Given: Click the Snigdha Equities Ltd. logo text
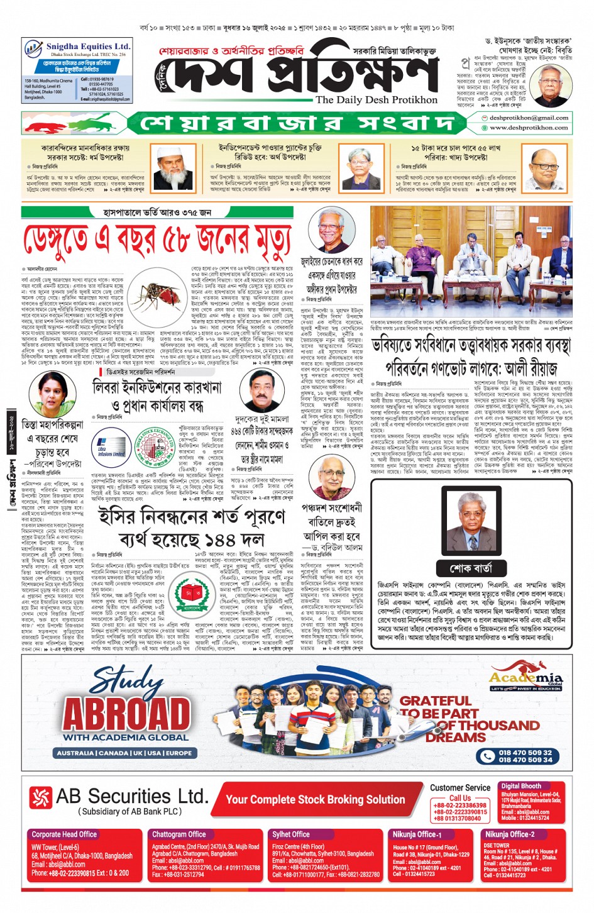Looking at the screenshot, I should [87, 46].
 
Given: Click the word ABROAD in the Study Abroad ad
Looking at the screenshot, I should [126, 714].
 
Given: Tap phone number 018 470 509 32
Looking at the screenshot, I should [525, 752].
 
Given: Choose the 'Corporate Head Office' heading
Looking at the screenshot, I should [64, 834].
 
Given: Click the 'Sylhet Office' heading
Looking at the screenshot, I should [291, 834].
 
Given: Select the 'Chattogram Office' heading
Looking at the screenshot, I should [179, 834].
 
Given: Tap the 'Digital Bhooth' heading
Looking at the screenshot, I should [521, 786].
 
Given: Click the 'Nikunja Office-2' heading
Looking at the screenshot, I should [509, 834].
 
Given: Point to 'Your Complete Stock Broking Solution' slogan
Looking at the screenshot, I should [315, 799].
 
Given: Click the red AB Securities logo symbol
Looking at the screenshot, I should [40, 798].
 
